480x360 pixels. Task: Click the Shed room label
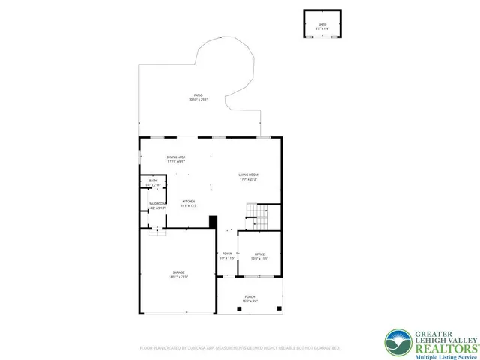click(x=322, y=25)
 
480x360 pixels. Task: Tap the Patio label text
click(x=198, y=97)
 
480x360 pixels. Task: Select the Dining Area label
click(x=176, y=158)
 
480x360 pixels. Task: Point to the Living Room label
click(x=248, y=177)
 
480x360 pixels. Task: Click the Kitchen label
click(x=189, y=203)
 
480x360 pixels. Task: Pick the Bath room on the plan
click(x=153, y=182)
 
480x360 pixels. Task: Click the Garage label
click(x=178, y=274)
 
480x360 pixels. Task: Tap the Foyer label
click(x=227, y=256)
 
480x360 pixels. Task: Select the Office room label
click(x=259, y=256)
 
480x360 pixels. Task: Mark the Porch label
click(x=249, y=298)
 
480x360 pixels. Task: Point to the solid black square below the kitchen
click(x=213, y=222)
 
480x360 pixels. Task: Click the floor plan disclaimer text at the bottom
click(x=240, y=348)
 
